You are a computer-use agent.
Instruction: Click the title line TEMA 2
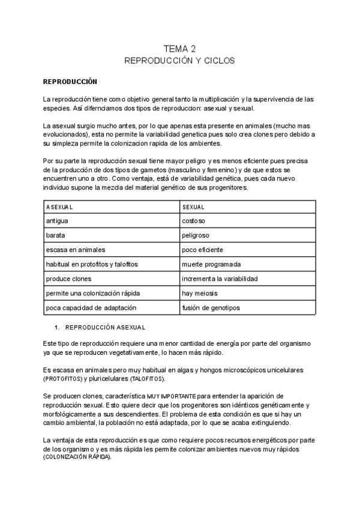[179, 49]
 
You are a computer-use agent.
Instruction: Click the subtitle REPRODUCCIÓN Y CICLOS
[179, 61]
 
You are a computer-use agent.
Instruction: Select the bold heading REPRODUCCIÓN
[70, 81]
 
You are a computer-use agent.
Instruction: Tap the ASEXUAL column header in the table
[59, 206]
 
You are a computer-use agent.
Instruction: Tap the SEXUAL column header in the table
[193, 206]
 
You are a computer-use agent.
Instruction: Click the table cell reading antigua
[58, 221]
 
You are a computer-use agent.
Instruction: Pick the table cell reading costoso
[194, 221]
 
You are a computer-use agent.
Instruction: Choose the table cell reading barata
[56, 235]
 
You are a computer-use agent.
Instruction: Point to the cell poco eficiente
[202, 250]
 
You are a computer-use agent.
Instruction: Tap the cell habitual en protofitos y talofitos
[92, 264]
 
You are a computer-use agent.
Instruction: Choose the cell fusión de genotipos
[211, 307]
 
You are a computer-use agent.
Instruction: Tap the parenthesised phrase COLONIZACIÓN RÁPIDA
[77, 457]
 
